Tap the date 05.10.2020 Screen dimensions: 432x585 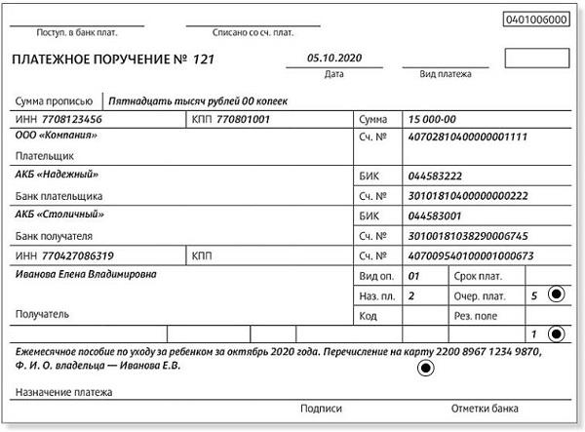333,58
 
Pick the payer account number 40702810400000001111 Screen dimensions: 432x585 468,137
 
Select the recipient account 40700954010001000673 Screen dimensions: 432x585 471,255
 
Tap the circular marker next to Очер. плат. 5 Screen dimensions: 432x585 556,294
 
